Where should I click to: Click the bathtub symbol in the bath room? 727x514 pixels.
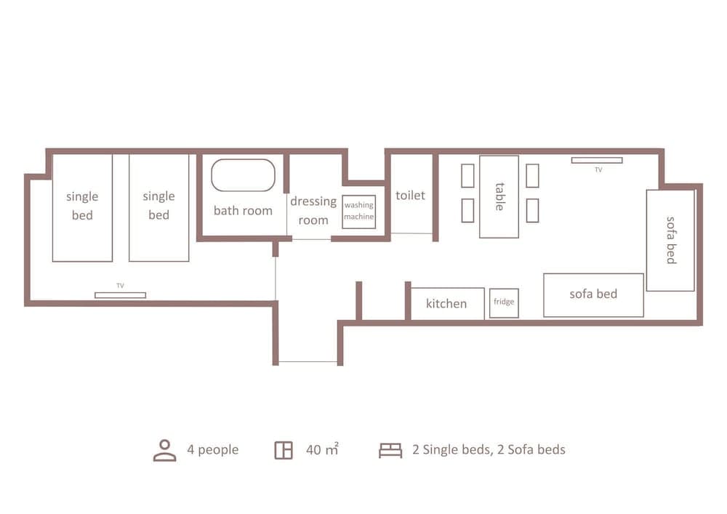click(243, 175)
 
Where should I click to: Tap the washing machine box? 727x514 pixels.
click(358, 212)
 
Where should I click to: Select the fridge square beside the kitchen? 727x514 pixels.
click(504, 302)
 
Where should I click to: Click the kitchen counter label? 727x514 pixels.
click(446, 304)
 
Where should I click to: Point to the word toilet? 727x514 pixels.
click(410, 196)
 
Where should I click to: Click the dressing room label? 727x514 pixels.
click(313, 210)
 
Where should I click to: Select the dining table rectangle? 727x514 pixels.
click(499, 196)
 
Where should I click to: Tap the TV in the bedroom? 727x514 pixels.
click(120, 294)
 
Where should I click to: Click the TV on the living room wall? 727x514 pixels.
click(596, 160)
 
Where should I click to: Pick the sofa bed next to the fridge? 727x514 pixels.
click(593, 295)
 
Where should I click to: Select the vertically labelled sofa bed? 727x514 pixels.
click(670, 240)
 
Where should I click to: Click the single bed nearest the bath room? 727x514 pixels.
click(158, 207)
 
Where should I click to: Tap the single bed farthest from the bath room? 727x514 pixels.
click(82, 207)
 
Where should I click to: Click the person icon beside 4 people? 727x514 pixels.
click(165, 450)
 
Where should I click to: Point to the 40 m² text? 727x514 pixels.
click(322, 450)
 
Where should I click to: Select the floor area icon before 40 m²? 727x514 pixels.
click(284, 450)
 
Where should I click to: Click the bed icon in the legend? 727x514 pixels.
click(390, 451)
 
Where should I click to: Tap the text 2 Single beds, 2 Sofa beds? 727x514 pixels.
click(489, 450)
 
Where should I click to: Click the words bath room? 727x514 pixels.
click(243, 211)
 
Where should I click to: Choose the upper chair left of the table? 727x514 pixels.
click(467, 176)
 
